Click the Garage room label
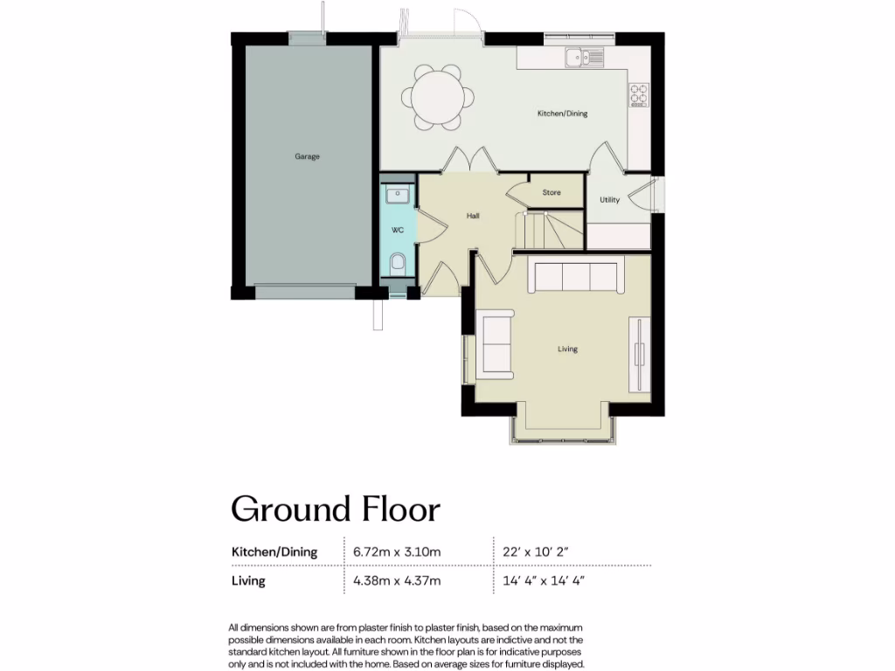tap(307, 156)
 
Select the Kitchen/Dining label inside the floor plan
tap(562, 114)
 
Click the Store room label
tap(552, 192)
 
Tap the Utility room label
tap(609, 200)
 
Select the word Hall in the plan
tap(472, 216)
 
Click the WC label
tap(397, 231)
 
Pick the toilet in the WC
tap(398, 263)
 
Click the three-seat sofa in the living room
tap(576, 277)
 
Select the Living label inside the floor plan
tap(568, 349)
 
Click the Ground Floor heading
tap(335, 508)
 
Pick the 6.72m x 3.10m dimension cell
tap(397, 552)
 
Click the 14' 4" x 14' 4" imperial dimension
tap(543, 580)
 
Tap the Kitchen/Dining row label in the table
tap(274, 552)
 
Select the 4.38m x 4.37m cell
tap(397, 580)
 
